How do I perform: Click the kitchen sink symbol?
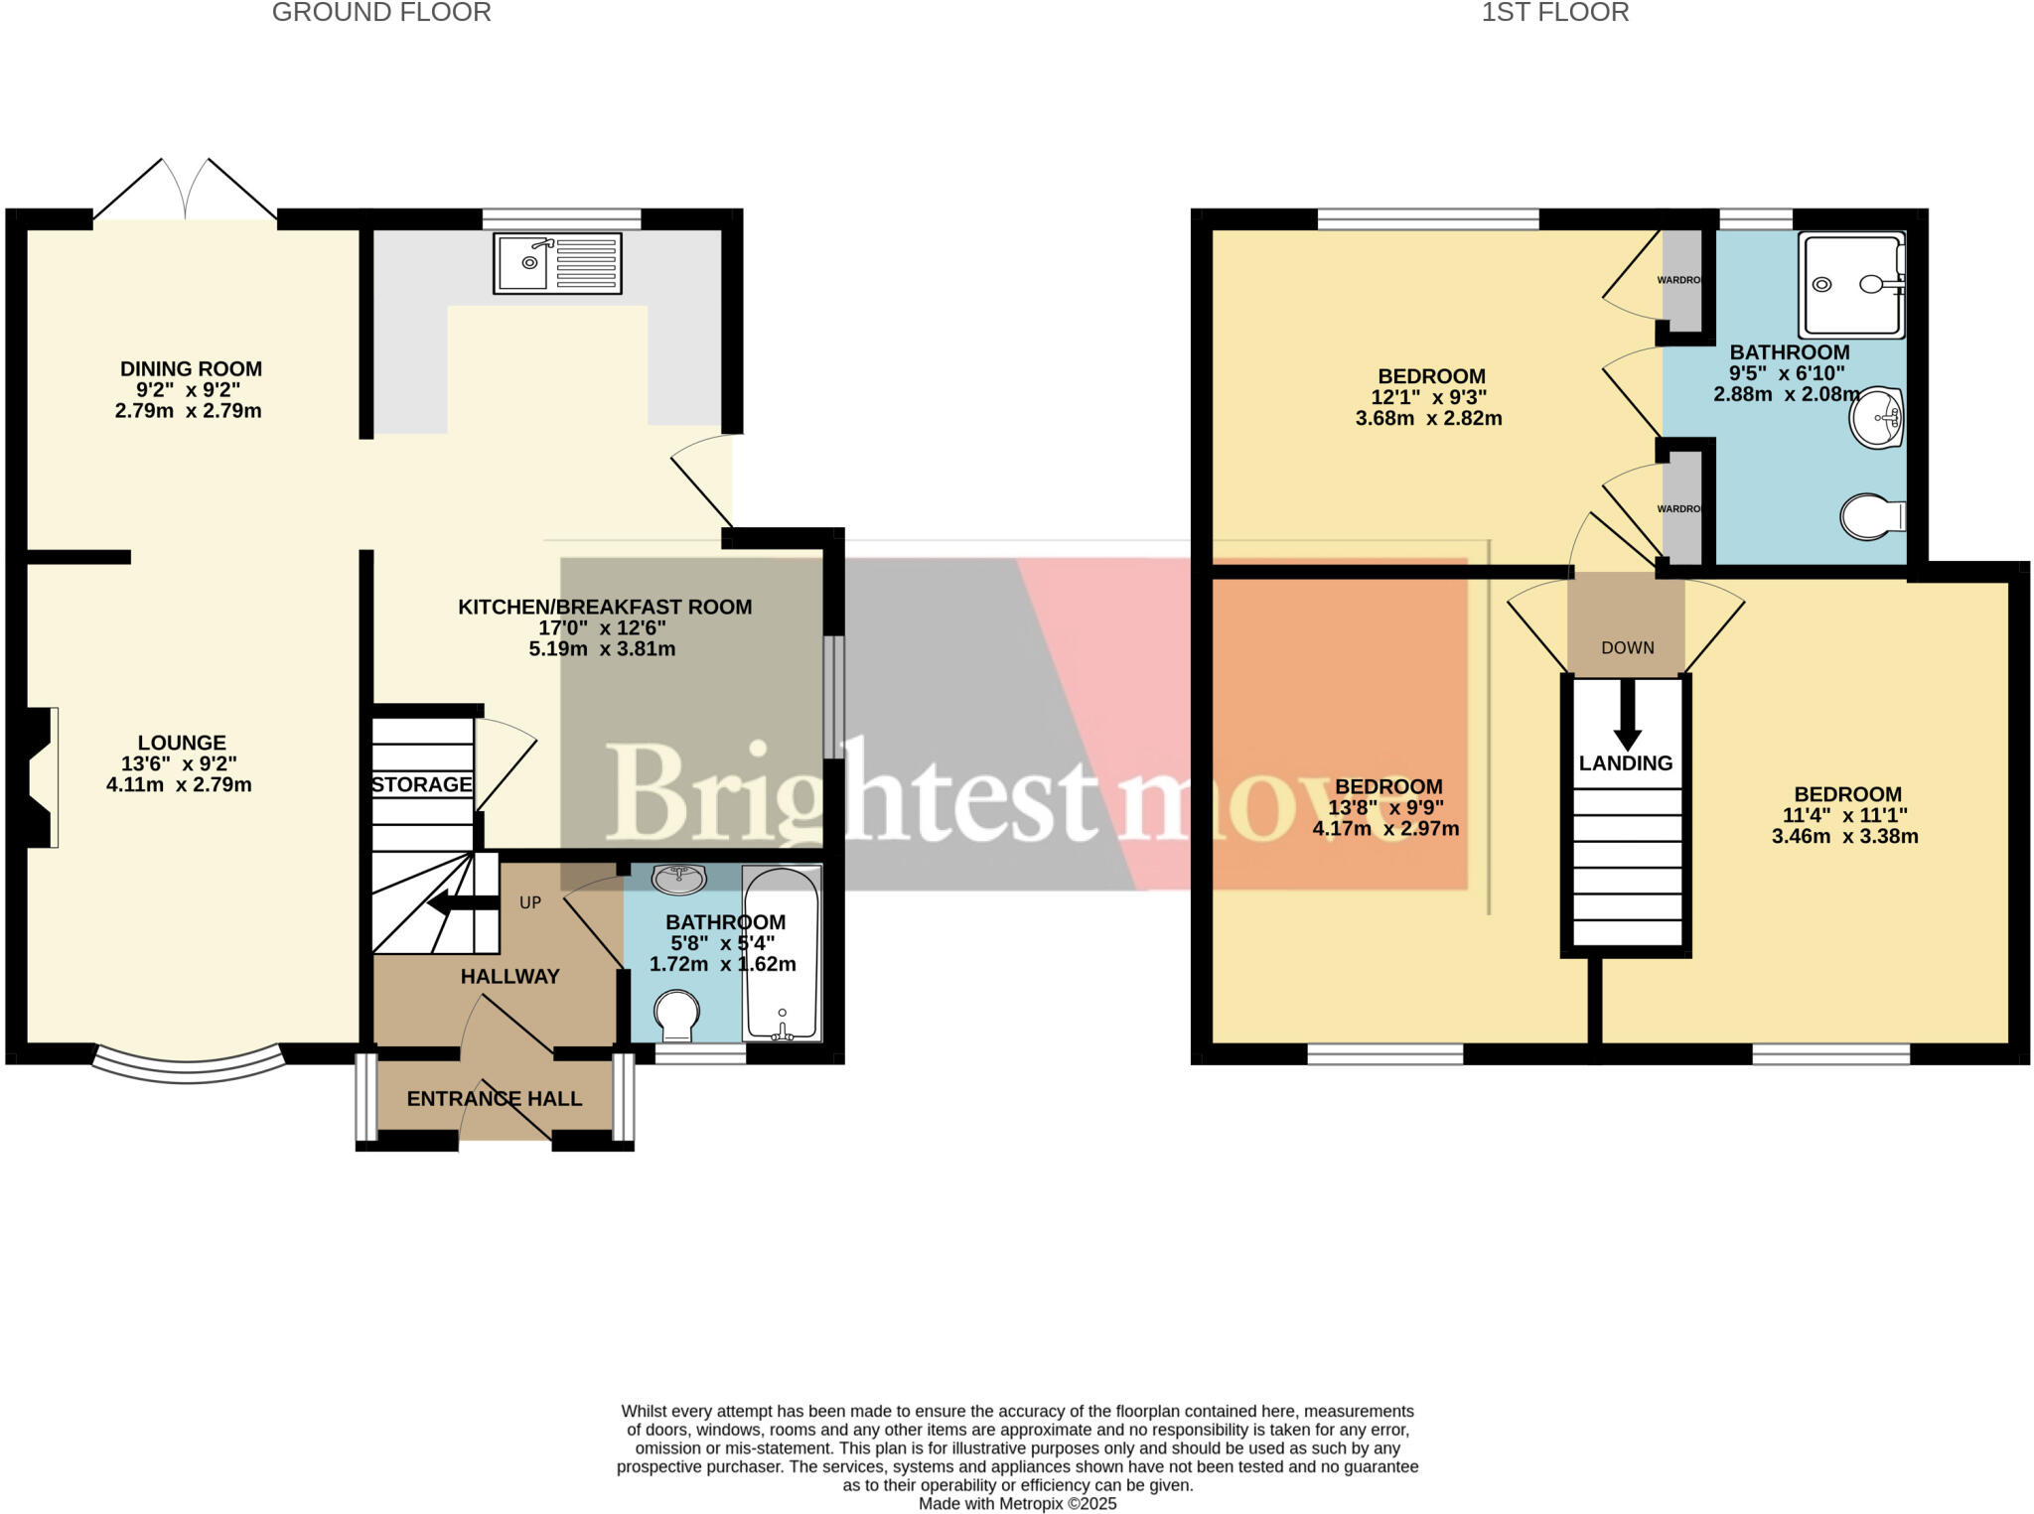pos(557,263)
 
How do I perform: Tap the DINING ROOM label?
pos(191,369)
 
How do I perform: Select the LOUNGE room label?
pos(182,743)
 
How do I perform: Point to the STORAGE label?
pos(422,784)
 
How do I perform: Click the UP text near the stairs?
pos(530,902)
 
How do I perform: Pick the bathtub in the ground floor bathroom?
pos(783,953)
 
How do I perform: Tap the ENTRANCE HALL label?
pos(494,1098)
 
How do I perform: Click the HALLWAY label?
pos(509,976)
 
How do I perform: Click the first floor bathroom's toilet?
pos(1871,516)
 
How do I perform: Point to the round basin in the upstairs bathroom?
pos(1875,418)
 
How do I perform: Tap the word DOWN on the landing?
pos(1628,647)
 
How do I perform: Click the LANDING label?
pos(1626,762)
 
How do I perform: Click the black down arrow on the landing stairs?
pos(1627,714)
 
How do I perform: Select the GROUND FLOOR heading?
pos(381,13)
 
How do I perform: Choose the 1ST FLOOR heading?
pos(1554,13)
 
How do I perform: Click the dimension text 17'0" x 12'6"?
pos(602,627)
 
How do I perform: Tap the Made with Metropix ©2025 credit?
pos(1017,1503)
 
